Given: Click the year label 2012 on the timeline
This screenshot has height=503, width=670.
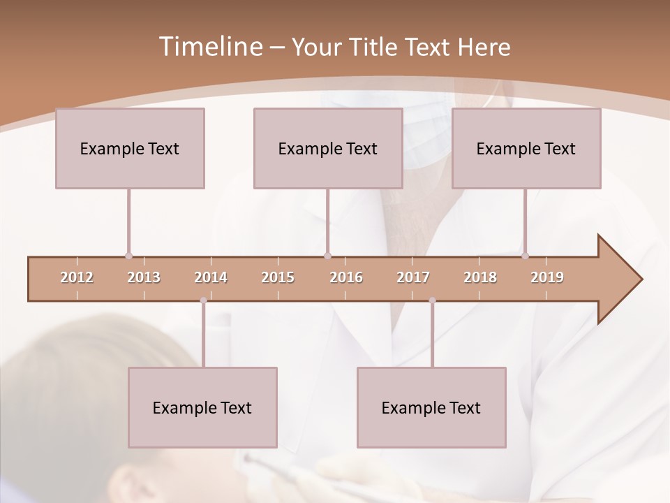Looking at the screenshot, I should (77, 277).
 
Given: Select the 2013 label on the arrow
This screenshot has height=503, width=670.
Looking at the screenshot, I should (144, 277).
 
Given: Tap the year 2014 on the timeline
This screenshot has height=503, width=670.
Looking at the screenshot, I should (211, 277).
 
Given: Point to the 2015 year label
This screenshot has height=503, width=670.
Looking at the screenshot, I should (278, 277).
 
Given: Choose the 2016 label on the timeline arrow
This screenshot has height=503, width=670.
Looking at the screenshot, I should (346, 277).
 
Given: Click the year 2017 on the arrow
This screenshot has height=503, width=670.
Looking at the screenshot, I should (413, 277).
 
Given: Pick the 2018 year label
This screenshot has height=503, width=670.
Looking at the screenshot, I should (480, 277).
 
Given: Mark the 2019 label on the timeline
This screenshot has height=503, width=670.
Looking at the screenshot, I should (547, 277).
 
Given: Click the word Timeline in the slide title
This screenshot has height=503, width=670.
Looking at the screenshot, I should (209, 47).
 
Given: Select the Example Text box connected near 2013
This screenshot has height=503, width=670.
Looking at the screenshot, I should (130, 148).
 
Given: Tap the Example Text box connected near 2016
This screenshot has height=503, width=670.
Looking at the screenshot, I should (328, 148).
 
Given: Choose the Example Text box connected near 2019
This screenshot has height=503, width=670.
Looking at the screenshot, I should (526, 148).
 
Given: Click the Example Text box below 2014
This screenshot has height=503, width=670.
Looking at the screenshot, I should (202, 407).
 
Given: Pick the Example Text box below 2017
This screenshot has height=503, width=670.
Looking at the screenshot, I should (431, 407).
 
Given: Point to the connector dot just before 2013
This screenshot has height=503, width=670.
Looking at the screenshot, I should (128, 256).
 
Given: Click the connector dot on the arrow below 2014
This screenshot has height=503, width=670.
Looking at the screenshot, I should (203, 300).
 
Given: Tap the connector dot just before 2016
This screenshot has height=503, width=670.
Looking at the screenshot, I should (328, 256).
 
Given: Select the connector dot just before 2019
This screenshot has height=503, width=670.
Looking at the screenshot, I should (525, 256).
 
